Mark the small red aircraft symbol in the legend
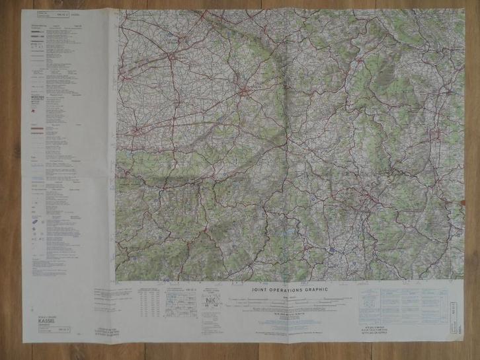(x=34, y=123)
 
